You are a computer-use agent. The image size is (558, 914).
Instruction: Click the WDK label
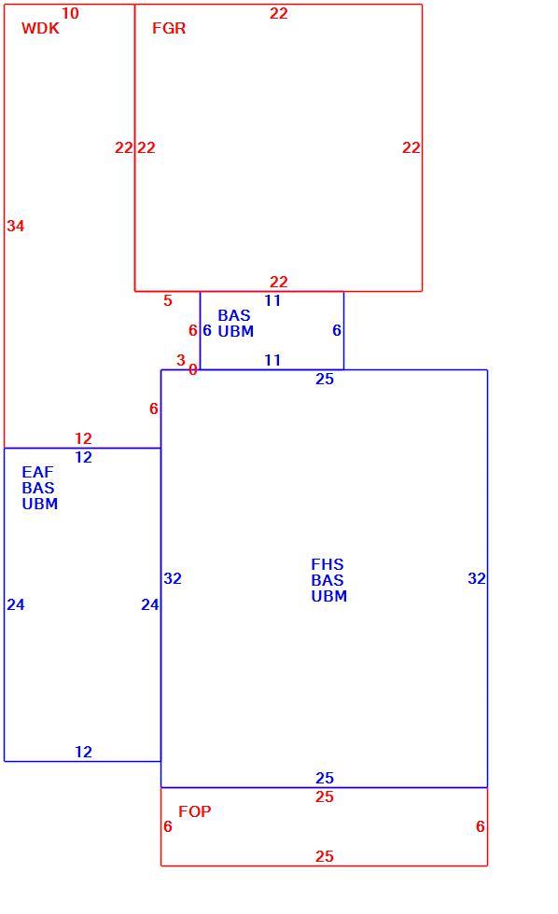(40, 28)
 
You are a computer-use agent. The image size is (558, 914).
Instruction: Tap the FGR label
(169, 28)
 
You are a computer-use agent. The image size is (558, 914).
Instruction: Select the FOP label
(195, 811)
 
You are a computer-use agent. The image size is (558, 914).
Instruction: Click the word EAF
(37, 472)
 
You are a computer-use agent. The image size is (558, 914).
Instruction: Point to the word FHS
(328, 564)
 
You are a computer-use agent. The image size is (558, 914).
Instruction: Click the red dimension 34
(16, 226)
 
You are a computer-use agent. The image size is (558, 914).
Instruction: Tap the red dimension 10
(70, 13)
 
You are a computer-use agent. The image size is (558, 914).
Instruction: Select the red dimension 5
(168, 300)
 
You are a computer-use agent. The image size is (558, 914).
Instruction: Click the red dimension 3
(181, 360)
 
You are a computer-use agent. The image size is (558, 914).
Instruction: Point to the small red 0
(193, 369)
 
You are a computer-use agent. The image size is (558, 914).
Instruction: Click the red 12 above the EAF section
(83, 438)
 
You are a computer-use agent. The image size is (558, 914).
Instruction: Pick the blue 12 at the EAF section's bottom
(83, 752)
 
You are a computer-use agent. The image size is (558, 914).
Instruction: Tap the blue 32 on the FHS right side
(477, 578)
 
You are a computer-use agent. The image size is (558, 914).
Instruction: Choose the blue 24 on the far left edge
(16, 604)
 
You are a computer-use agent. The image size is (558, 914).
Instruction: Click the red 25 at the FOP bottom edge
(325, 856)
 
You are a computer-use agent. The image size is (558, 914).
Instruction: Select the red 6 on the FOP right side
(481, 826)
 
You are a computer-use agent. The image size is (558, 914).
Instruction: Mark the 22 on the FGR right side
(412, 147)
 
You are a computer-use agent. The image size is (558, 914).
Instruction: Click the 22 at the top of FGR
(279, 13)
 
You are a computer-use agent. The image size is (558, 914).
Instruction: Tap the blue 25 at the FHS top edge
(325, 379)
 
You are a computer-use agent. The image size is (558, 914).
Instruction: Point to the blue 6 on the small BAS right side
(337, 330)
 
